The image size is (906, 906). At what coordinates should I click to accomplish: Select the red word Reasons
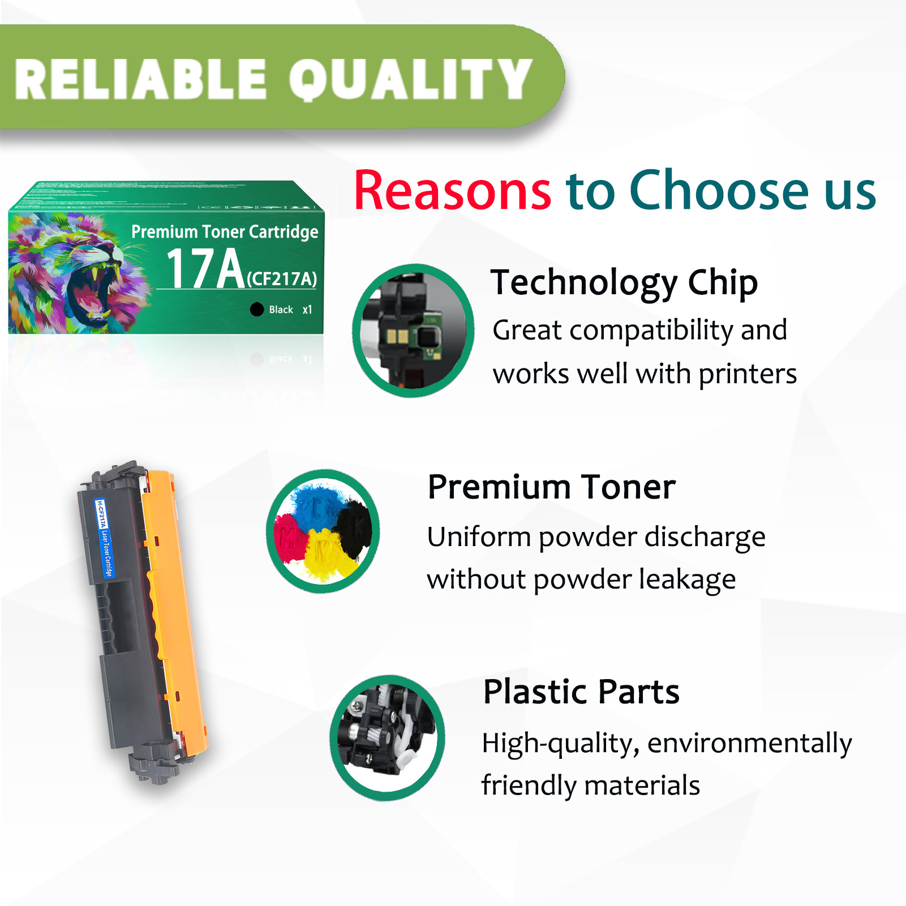[x=452, y=191]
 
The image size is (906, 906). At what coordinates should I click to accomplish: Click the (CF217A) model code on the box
[x=282, y=278]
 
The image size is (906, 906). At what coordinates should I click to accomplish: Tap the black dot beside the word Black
[x=257, y=309]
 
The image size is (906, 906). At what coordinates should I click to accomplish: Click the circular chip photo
[x=413, y=330]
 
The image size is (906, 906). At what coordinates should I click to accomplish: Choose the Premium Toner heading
[x=551, y=487]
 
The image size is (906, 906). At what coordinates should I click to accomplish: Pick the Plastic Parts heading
[x=581, y=692]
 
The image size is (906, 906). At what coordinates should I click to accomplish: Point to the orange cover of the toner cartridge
[x=175, y=611]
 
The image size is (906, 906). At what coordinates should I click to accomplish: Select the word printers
[x=748, y=375]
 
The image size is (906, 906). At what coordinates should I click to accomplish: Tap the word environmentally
[x=749, y=744]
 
